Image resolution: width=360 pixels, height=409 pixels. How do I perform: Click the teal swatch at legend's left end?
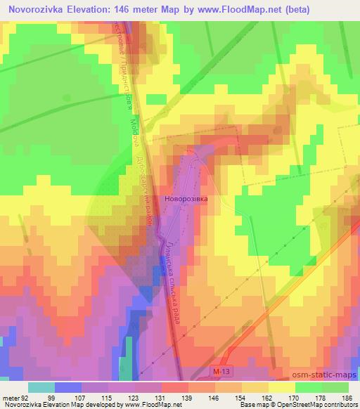41,387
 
